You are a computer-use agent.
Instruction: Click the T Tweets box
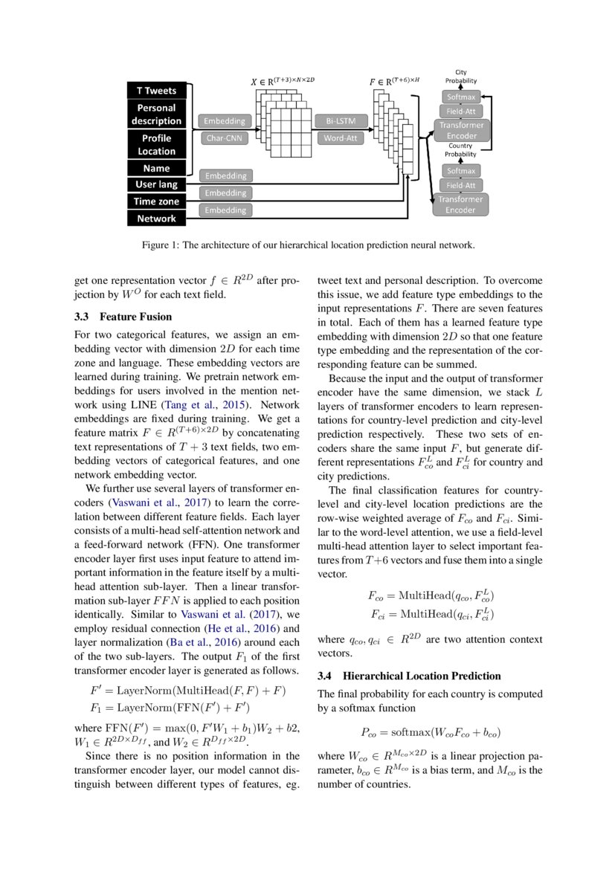156,91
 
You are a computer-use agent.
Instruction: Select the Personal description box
156,114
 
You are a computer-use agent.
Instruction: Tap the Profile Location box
156,144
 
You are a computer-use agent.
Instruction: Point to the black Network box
156,219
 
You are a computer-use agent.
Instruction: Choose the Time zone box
156,201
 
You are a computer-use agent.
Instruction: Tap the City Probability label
461,76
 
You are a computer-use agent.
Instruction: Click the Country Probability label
461,150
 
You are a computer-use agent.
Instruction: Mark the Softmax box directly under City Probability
461,97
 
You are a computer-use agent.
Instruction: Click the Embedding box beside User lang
225,176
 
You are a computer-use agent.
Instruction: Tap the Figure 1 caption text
308,245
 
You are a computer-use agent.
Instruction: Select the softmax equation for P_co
431,731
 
